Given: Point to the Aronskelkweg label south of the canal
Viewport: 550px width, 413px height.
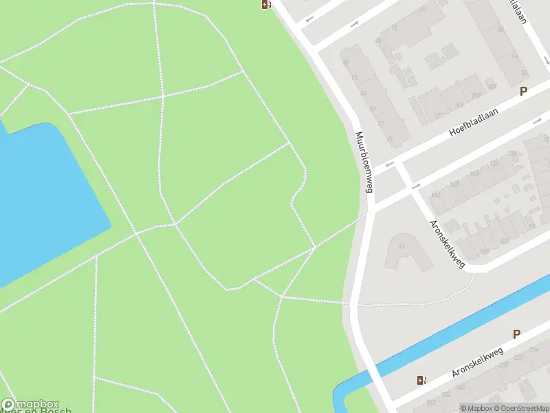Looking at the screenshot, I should click(478, 363).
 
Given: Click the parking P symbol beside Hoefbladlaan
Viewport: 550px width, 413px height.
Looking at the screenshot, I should click(523, 92).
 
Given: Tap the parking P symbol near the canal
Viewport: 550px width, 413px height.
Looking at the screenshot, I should click(516, 335).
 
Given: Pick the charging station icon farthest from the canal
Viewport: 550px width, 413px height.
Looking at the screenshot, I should click(266, 5).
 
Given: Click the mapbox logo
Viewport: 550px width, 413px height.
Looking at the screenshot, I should click(30, 405).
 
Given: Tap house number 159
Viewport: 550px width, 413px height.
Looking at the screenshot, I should click(476, 95).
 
